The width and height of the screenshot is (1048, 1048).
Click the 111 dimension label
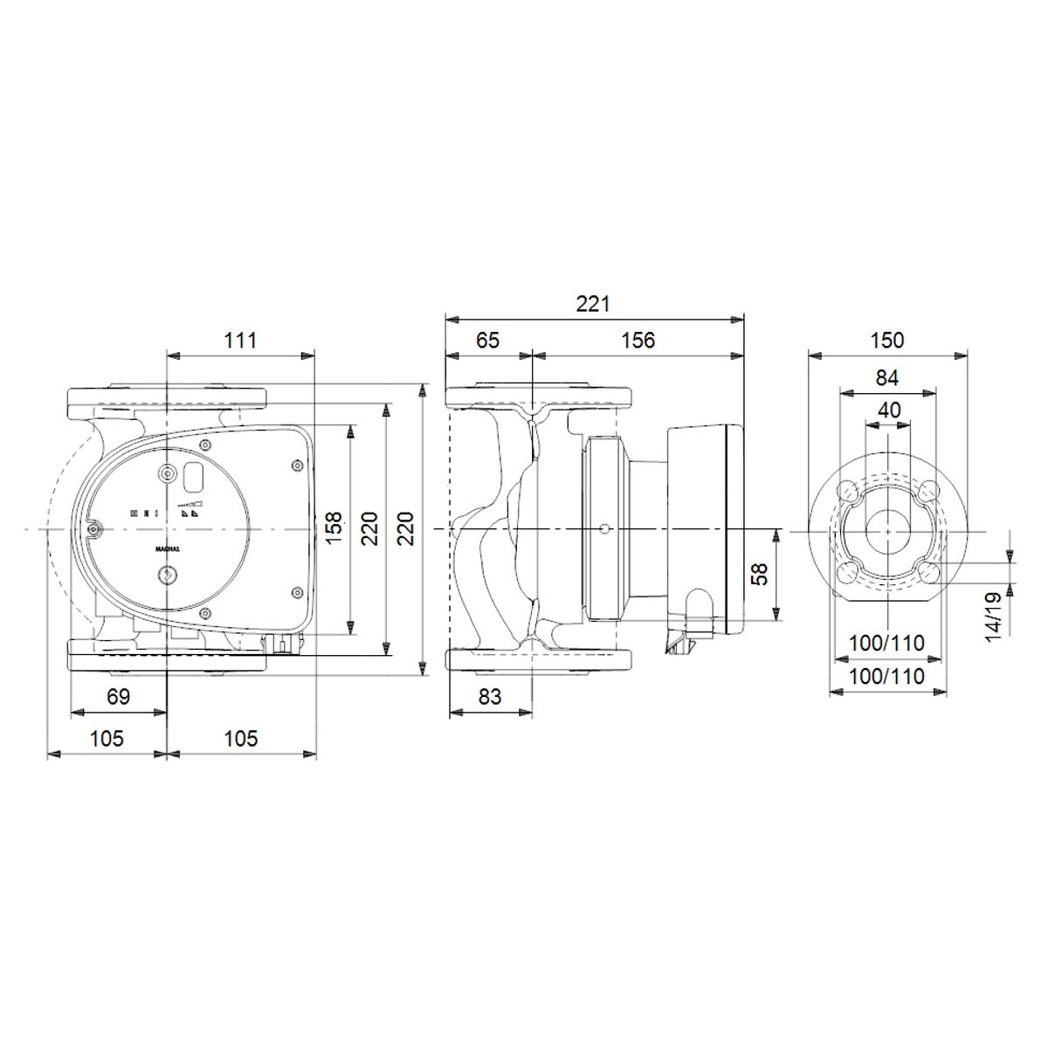point(240,340)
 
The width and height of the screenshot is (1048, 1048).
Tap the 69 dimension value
point(118,697)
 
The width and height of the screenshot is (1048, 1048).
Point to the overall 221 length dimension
point(593,304)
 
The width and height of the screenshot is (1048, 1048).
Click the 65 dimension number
point(488,340)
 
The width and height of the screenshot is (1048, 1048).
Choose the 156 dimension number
point(638,340)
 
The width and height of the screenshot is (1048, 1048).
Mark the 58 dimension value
point(760,574)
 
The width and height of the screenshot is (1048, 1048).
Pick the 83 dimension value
point(491,697)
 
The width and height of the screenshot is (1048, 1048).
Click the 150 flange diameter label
point(887,340)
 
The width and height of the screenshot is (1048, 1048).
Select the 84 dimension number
point(887,377)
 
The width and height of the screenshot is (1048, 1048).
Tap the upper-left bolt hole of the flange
point(846,492)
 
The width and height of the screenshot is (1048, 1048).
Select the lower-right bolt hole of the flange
point(929,572)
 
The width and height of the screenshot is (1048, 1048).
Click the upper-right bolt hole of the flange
point(929,492)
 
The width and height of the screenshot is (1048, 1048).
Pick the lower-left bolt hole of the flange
point(846,572)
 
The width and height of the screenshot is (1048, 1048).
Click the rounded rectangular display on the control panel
point(193,475)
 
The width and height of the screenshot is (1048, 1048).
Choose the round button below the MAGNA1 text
point(166,576)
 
